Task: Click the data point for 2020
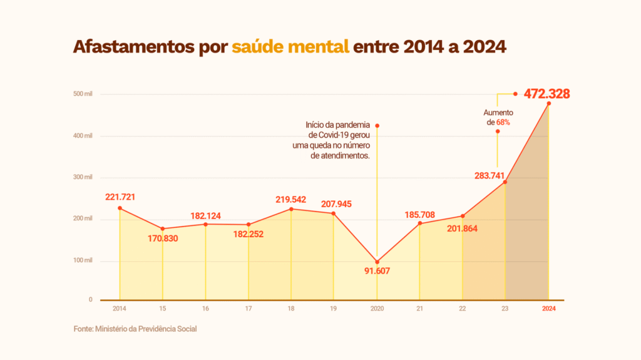[x=377, y=262]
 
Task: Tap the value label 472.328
[x=546, y=94]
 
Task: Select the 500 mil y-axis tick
[x=83, y=94]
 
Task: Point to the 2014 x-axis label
[x=119, y=309]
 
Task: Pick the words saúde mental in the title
[x=290, y=47]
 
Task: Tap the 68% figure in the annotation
[x=503, y=123]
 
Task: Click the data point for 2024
[x=549, y=103]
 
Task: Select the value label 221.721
[x=120, y=197]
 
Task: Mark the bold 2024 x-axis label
[x=548, y=309]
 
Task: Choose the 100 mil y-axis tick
[x=83, y=260]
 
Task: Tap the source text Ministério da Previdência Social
[x=146, y=329]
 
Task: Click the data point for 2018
[x=291, y=208]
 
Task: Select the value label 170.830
[x=163, y=239]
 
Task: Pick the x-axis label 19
[x=334, y=309]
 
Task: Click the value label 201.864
[x=463, y=229]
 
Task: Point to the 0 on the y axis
[x=90, y=300]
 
